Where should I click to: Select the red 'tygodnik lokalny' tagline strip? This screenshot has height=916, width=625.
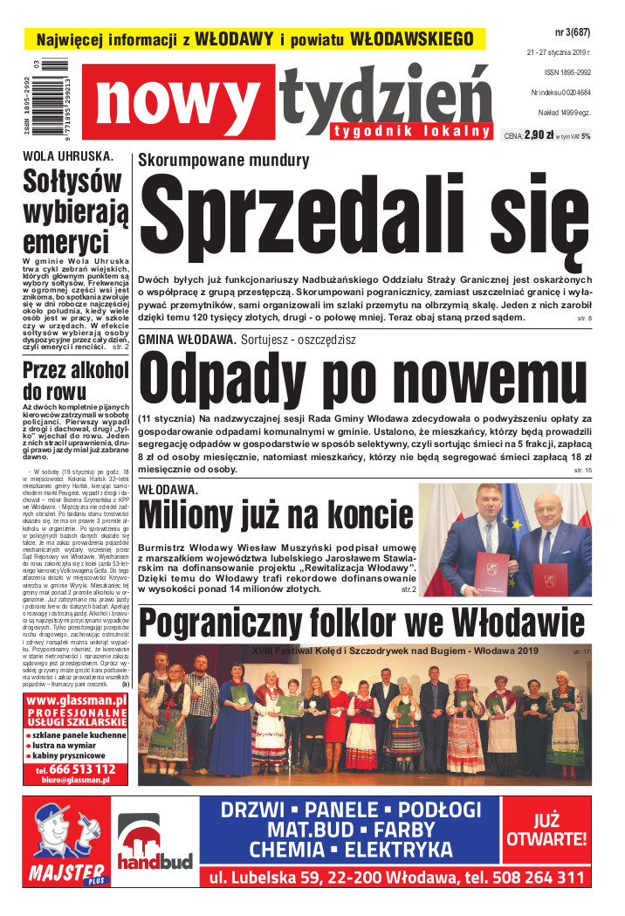411,132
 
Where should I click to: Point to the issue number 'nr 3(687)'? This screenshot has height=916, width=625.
573,33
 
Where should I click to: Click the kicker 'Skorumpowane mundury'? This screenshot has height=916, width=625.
223,160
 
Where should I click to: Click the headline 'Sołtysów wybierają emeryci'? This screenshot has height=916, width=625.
76,212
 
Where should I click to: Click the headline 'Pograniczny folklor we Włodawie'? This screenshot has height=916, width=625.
362,624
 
